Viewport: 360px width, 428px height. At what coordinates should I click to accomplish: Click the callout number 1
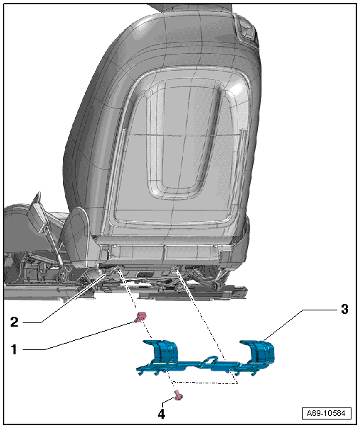click(14, 349)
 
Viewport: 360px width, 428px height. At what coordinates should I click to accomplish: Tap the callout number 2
click(14, 322)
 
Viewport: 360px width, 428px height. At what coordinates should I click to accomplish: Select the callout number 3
click(344, 309)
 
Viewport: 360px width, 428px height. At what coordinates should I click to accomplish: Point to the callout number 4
click(162, 414)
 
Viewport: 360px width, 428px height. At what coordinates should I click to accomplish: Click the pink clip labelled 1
click(141, 317)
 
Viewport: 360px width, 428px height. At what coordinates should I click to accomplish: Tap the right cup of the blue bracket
click(258, 352)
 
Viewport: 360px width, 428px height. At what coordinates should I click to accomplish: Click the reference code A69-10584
click(326, 413)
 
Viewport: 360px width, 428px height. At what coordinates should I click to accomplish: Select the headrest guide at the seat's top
click(247, 30)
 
